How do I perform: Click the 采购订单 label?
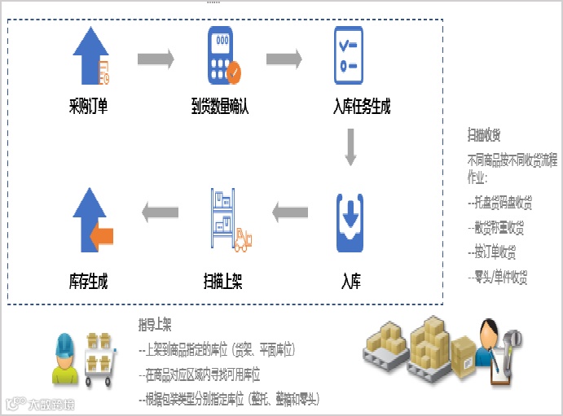click(x=89, y=106)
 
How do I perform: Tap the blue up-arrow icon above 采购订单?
click(x=89, y=55)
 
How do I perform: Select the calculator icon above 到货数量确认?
click(x=219, y=55)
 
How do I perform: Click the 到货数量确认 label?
click(x=220, y=106)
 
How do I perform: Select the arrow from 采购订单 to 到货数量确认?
click(x=155, y=59)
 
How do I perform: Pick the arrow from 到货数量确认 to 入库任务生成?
click(x=284, y=59)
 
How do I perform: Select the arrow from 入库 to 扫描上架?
click(x=290, y=213)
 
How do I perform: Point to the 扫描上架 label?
click(x=222, y=282)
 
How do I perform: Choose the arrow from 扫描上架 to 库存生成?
click(x=160, y=213)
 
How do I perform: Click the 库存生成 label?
click(x=89, y=282)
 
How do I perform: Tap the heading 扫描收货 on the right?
click(x=484, y=134)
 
